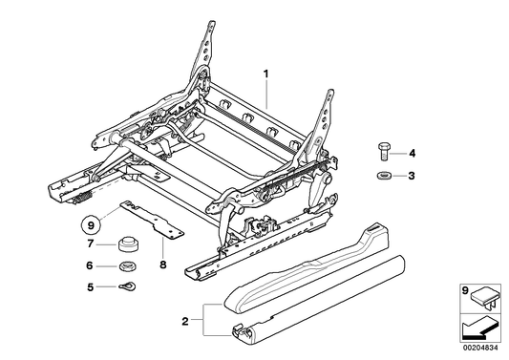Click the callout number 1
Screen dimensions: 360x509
267,73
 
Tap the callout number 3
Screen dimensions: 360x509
413,176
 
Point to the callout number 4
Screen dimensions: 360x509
413,153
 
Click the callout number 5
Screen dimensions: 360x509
91,286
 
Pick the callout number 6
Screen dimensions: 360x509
91,266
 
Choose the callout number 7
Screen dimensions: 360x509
91,246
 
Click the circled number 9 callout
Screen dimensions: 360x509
90,226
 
